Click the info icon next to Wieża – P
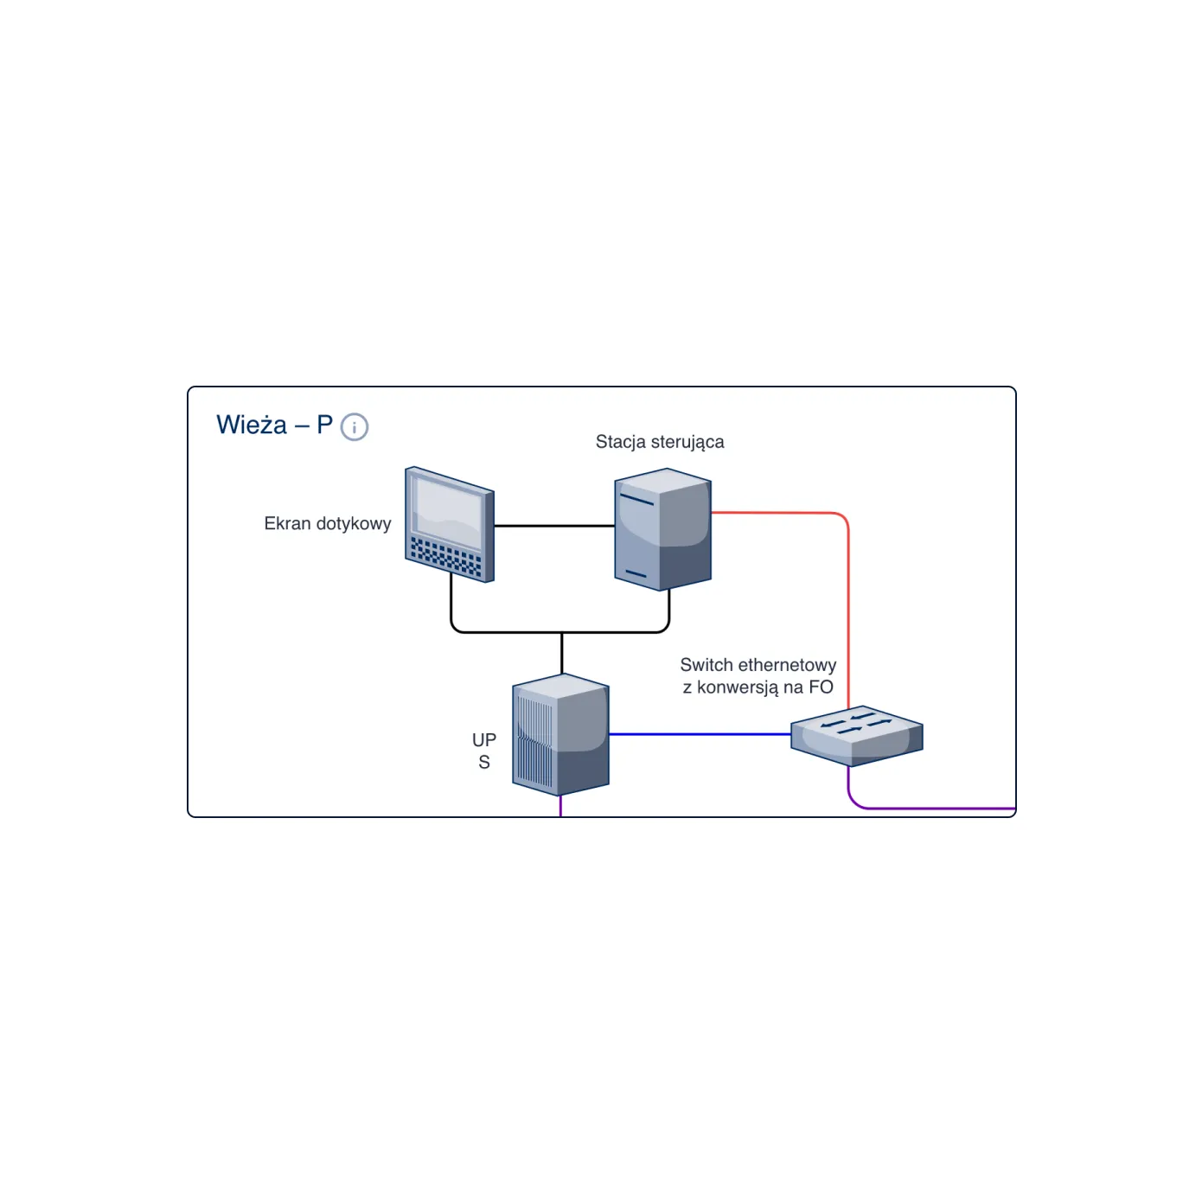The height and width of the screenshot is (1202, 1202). pos(354,427)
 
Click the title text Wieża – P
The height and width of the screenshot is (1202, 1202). pos(274,425)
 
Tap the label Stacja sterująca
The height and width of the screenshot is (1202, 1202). pos(659,442)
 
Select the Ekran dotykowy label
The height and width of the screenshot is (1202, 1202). pos(328,523)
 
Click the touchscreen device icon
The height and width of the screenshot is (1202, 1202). pos(449,524)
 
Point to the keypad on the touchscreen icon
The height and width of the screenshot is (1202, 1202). pos(446,556)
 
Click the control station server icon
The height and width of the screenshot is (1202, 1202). pos(662,529)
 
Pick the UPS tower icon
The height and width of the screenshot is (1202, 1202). pos(560,734)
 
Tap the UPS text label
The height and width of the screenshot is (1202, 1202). pos(484,751)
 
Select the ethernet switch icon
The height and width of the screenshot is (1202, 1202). pos(856,735)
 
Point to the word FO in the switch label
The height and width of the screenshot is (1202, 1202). pos(821,687)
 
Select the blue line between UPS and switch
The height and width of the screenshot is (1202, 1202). pos(700,734)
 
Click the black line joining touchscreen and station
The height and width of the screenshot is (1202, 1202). pos(554,526)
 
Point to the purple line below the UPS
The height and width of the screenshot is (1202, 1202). pos(560,806)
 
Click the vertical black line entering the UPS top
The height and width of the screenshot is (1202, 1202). pos(561,653)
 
